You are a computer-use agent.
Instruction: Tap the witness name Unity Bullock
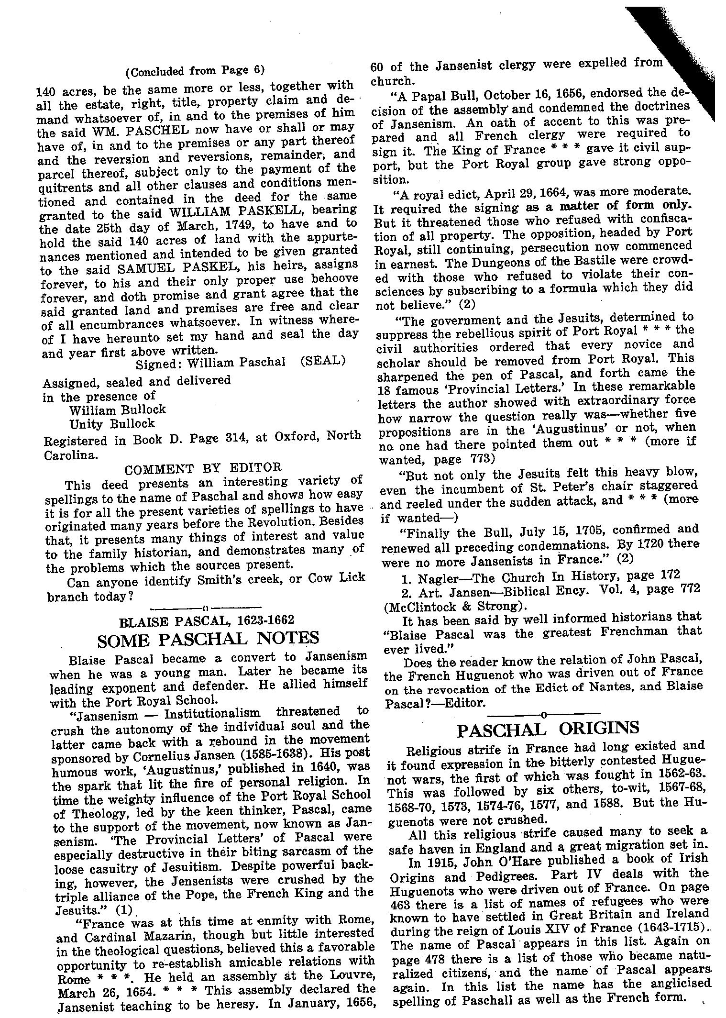[x=112, y=423]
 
